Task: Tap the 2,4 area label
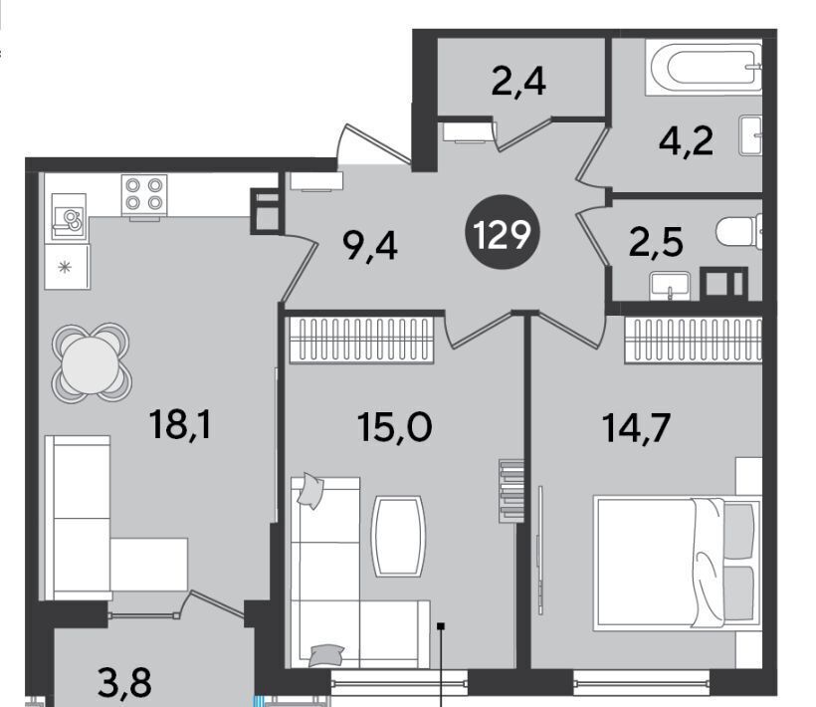(x=518, y=83)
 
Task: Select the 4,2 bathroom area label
(x=686, y=140)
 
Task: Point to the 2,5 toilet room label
(x=656, y=242)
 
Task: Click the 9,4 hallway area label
(x=370, y=246)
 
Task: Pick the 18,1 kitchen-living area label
(x=180, y=424)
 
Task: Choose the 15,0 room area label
(x=394, y=427)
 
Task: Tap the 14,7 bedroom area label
(x=636, y=427)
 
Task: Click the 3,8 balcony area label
(x=125, y=682)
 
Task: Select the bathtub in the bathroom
(x=704, y=67)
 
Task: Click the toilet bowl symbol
(x=739, y=231)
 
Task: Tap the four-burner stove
(x=144, y=194)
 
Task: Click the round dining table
(x=92, y=363)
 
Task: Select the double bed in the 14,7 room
(x=678, y=563)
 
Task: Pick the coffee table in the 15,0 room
(x=398, y=537)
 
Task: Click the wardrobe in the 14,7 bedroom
(x=694, y=340)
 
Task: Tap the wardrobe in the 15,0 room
(x=361, y=340)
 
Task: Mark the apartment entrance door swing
(x=372, y=145)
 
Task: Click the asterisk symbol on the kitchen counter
(x=65, y=268)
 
